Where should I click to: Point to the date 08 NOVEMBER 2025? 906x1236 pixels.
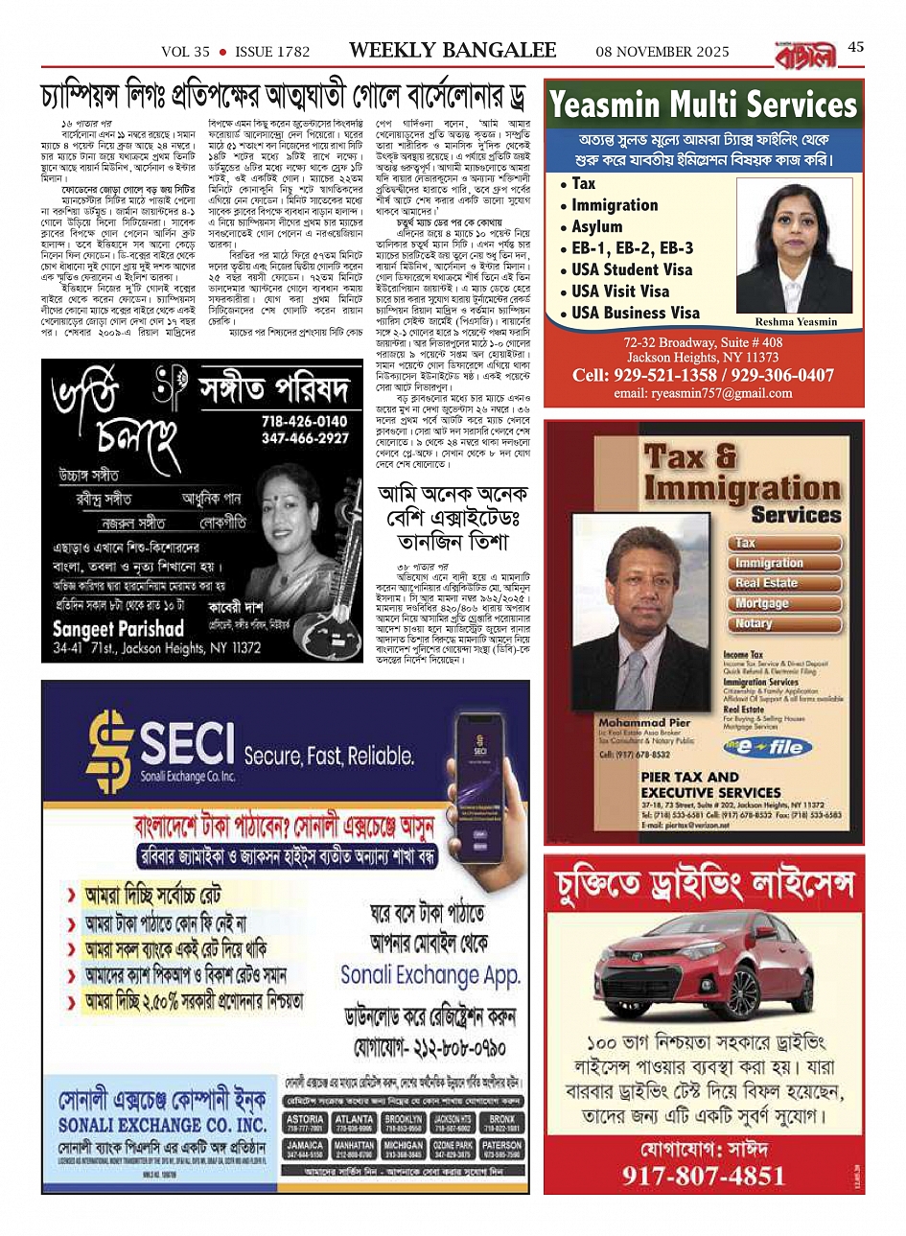point(662,52)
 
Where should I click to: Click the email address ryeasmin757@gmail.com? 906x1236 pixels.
point(703,393)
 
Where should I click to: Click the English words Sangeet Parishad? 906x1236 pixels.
point(118,629)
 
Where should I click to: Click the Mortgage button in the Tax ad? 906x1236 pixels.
point(761,603)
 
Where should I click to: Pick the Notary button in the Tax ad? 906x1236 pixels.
point(754,623)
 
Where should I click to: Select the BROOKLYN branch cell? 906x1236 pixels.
point(404,1124)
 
